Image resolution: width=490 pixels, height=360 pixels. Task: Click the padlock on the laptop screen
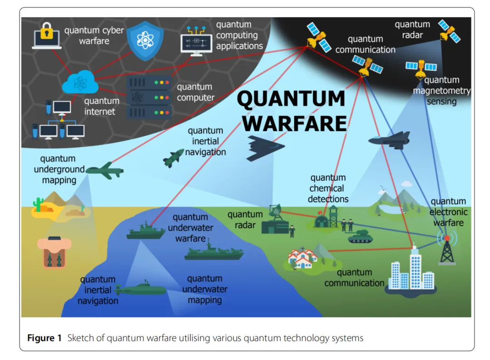[x=47, y=33]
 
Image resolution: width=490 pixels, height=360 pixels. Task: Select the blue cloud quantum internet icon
[x=80, y=83]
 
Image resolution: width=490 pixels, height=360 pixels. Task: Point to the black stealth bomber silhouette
[x=265, y=147]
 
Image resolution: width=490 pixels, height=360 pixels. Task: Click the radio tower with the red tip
[x=447, y=249]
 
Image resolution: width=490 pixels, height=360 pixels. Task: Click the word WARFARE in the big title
[x=297, y=123]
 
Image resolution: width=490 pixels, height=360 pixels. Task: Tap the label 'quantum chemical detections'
[x=328, y=188]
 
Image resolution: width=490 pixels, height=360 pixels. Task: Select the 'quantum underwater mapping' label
[x=205, y=289]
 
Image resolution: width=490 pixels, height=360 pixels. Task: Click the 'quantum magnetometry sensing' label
[x=441, y=91]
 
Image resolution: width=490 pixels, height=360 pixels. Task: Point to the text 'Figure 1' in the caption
[x=44, y=338]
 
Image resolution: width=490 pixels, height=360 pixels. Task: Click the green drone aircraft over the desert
[x=105, y=171]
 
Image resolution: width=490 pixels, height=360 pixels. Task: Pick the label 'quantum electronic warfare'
[x=448, y=212]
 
